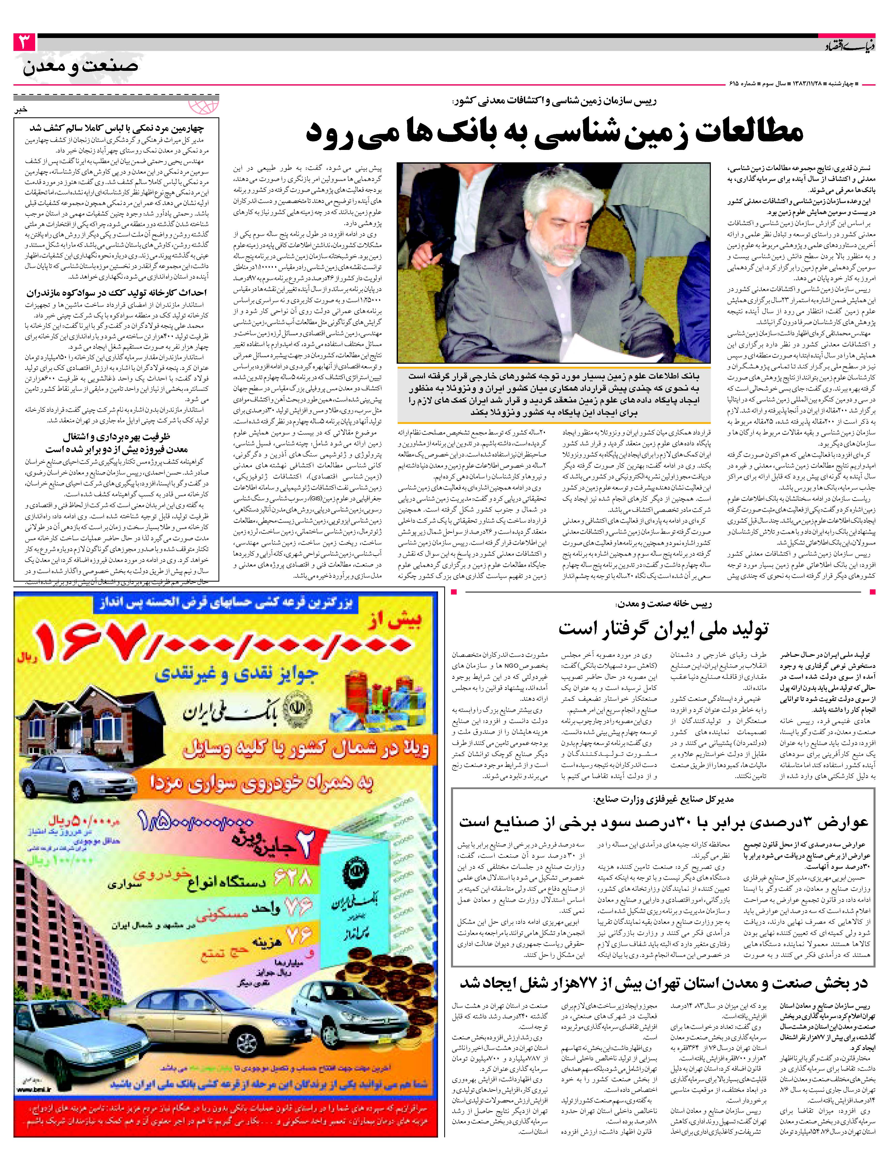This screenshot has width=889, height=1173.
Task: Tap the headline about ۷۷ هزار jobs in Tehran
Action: click(663, 984)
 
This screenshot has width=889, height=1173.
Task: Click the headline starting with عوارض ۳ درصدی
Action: click(663, 823)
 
